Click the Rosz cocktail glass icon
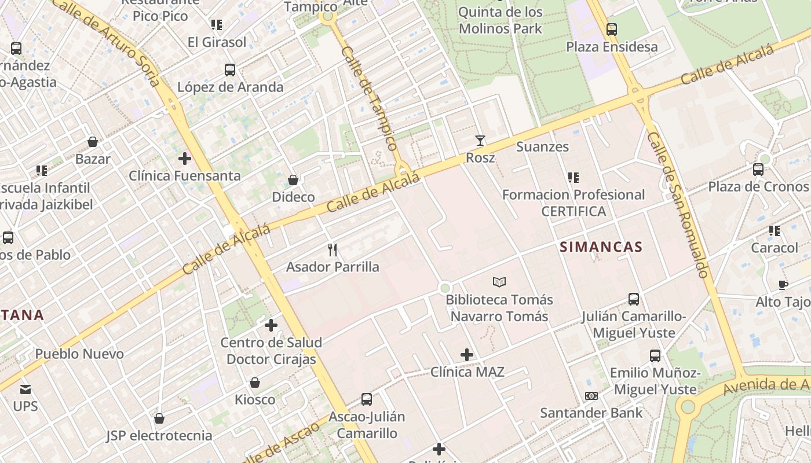480,140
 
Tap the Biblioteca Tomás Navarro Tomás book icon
499,282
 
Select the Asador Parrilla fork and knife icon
333,250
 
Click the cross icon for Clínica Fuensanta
184,158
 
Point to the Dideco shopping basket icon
293,180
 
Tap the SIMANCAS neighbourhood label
601,247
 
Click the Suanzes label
542,147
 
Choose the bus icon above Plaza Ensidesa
611,29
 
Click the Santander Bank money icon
591,396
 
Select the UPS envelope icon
25,389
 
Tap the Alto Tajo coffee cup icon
783,285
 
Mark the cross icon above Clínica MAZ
466,355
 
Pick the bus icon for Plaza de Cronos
758,170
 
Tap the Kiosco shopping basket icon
254,383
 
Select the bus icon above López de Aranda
230,70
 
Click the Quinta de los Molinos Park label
500,20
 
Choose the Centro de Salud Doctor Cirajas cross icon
271,325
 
